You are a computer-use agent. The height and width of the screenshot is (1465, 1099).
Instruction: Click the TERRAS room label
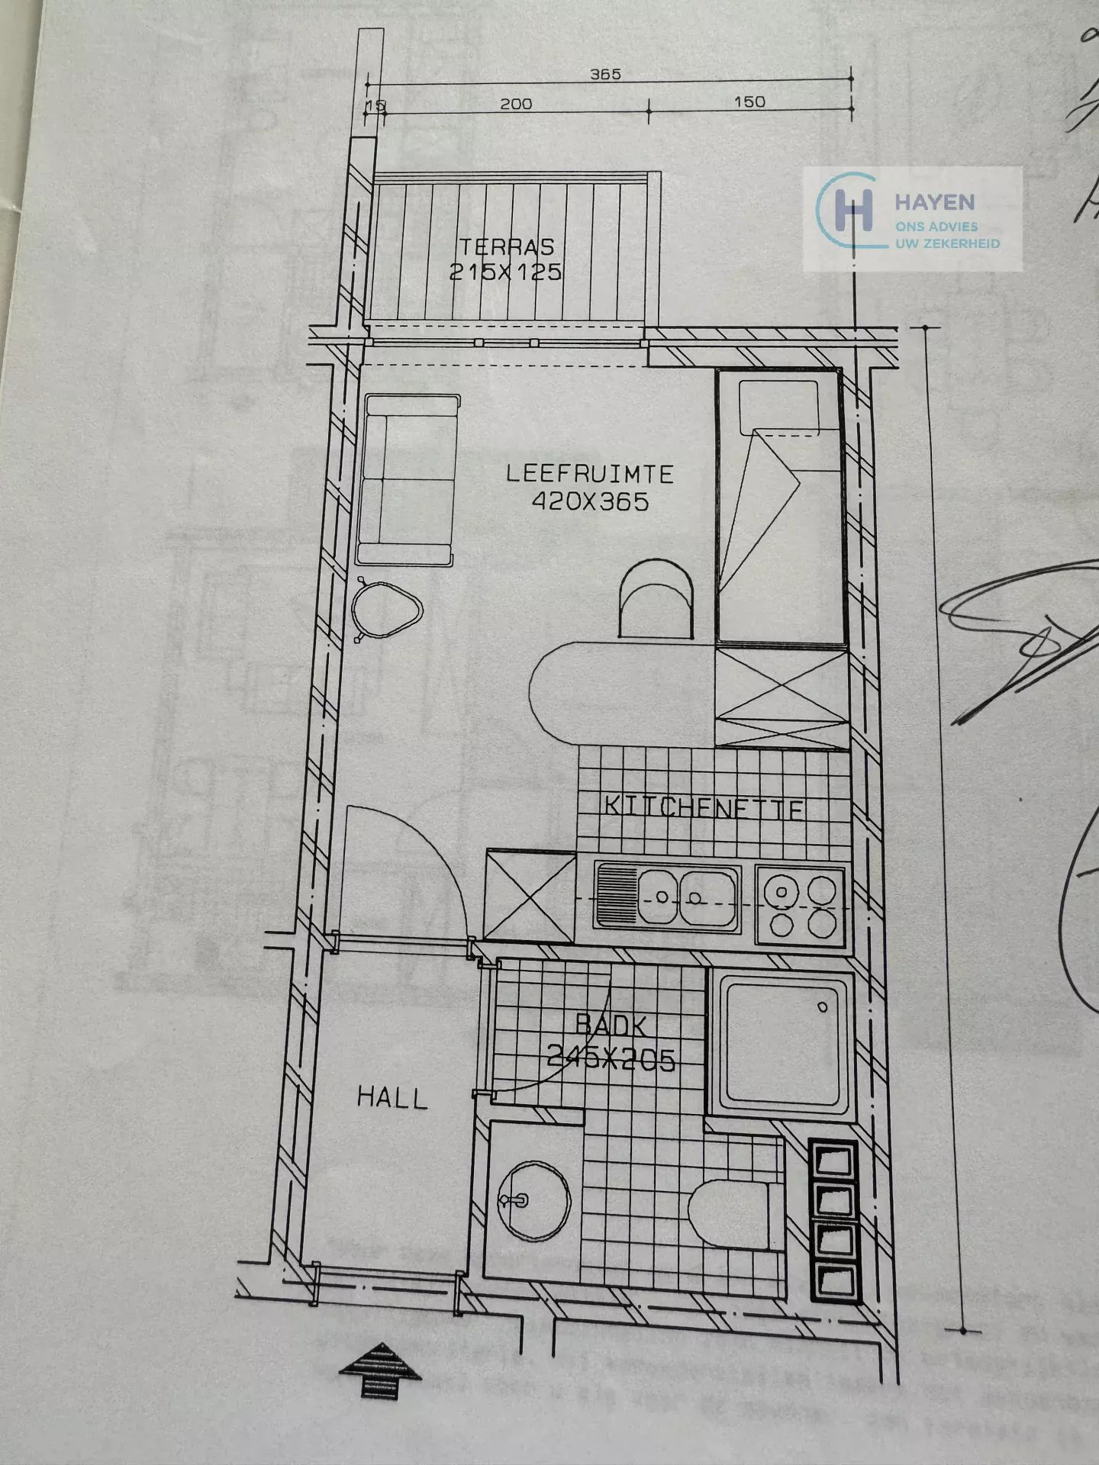coord(506,247)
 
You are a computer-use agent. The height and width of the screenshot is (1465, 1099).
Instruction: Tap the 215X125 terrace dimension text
coord(505,272)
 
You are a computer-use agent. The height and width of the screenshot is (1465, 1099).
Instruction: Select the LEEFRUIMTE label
coord(590,474)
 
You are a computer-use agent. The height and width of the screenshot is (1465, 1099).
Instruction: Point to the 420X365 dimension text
coord(590,501)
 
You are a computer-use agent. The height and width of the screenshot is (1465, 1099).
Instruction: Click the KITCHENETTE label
coord(704,808)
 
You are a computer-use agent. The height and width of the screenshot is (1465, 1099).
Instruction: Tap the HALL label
coord(392,1099)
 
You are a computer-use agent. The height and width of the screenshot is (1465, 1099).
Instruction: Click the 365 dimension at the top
coord(605,75)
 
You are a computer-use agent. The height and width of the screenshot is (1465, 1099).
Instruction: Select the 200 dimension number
coord(516,104)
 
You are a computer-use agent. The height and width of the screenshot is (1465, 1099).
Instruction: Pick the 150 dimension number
coord(749,102)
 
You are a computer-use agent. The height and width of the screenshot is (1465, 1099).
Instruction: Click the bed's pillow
coord(780,400)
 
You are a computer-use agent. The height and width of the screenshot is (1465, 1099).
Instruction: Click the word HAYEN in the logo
coord(934,202)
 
